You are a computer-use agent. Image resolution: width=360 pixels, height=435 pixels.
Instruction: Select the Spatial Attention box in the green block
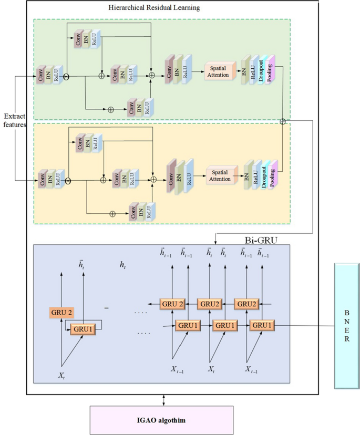[219, 72]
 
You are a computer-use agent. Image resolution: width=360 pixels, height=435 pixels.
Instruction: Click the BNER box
[347, 326]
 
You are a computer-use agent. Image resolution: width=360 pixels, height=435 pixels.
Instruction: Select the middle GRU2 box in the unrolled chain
[209, 304]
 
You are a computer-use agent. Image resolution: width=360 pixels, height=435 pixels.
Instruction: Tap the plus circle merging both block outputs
[283, 121]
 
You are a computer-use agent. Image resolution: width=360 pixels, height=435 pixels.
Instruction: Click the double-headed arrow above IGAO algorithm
[180, 400]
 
